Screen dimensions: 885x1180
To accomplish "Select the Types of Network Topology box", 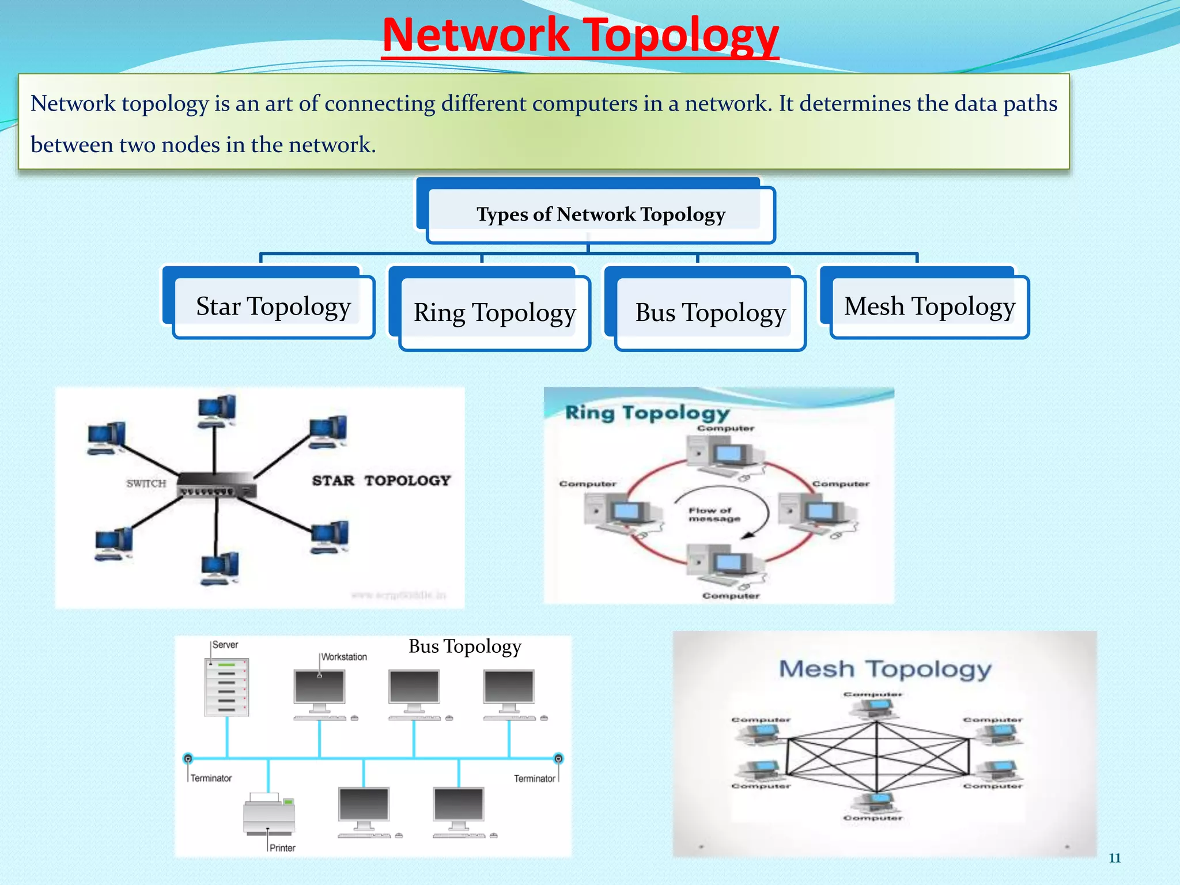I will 600,214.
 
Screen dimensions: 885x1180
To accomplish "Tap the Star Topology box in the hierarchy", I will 273,307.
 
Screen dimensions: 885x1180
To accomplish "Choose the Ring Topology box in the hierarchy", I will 494,313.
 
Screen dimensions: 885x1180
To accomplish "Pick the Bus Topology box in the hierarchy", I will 710,313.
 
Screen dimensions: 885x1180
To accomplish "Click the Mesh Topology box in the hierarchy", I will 929,307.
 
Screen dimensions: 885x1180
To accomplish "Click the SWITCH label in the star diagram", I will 146,483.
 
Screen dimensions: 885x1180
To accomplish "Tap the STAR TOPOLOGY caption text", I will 381,481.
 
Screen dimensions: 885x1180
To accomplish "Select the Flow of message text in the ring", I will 714,515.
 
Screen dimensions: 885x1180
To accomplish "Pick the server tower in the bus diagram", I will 226,687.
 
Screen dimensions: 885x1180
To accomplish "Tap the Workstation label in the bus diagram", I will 344,657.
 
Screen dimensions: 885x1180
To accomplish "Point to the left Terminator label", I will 211,778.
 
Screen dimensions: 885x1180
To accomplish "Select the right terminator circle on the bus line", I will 558,758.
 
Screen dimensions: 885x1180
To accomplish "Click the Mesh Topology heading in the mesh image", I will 885,669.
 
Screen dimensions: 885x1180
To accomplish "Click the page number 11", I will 1114,858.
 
